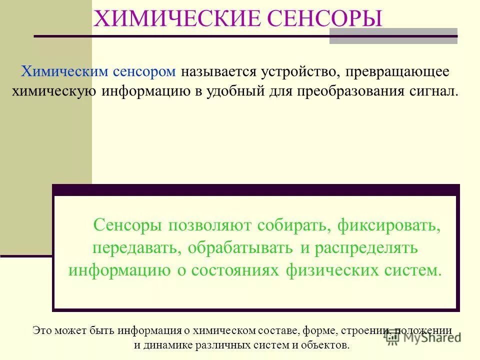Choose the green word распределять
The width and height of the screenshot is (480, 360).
[x=363, y=248]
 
